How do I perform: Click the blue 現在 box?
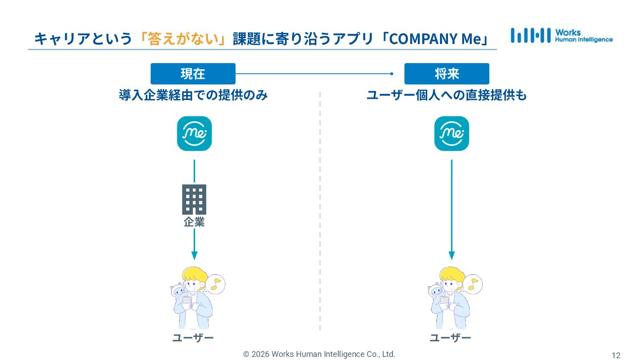193,74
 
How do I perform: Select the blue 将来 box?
447,74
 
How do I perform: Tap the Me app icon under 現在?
194,133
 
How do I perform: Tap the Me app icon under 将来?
452,133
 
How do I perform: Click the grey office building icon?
194,199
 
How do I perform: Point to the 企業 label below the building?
194,222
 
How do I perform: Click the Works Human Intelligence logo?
561,36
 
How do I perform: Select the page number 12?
616,355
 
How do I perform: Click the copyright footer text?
319,354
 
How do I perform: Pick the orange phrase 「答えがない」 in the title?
183,39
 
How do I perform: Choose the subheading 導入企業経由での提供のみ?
193,95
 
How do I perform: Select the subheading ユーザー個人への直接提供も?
447,95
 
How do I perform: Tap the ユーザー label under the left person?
193,338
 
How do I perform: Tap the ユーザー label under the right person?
450,338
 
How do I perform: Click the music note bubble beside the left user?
216,284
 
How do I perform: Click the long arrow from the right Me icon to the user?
452,209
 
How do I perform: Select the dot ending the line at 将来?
392,74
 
